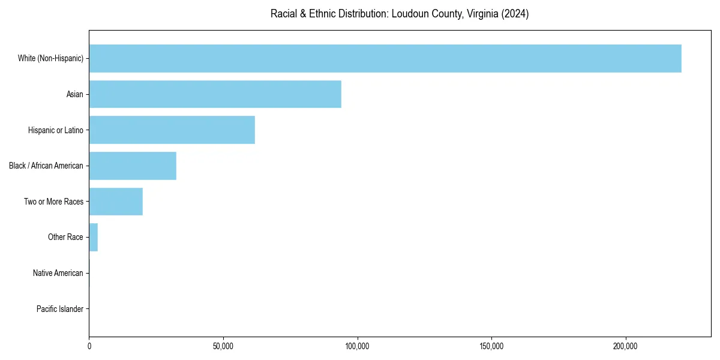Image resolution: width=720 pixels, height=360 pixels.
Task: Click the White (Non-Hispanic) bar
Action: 385,58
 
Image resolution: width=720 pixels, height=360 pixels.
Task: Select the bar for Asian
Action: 215,94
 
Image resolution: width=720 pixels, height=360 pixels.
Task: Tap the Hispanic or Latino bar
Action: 172,130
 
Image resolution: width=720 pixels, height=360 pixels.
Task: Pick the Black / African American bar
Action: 133,166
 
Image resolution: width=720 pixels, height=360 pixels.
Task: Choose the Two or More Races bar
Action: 116,202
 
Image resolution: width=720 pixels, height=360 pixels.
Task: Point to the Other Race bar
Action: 94,237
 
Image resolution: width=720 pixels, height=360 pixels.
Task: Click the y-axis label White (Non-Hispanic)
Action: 50,58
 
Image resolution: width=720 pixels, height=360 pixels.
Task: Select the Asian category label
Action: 75,94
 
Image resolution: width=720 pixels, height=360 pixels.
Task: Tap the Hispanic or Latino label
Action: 56,130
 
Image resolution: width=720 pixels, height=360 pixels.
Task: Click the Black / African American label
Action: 46,166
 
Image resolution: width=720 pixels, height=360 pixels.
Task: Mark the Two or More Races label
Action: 53,202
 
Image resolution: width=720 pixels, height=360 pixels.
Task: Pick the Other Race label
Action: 65,237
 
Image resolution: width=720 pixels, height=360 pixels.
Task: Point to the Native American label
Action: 58,273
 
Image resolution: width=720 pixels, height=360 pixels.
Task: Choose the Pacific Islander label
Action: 60,309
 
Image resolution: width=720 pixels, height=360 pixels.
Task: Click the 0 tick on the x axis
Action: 89,346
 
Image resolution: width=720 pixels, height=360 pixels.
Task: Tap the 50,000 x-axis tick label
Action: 223,346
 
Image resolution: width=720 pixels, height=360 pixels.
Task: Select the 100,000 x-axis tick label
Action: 358,346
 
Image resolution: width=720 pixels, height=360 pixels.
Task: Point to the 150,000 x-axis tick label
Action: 491,346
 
